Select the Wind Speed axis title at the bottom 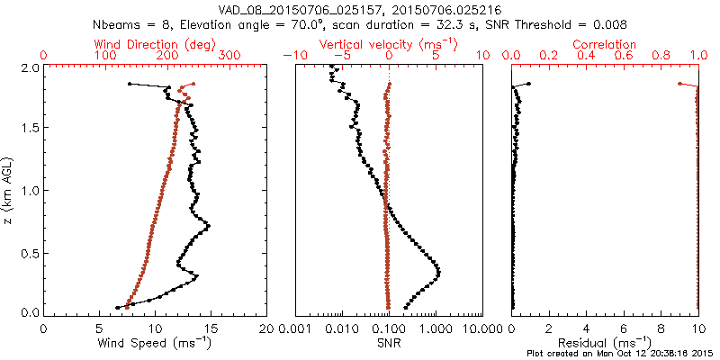pos(155,342)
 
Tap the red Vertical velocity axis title pos(389,44)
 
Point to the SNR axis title pos(389,342)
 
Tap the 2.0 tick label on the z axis pos(30,67)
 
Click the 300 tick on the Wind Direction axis pos(229,56)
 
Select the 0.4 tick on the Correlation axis pos(587,56)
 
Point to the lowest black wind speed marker pos(118,307)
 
